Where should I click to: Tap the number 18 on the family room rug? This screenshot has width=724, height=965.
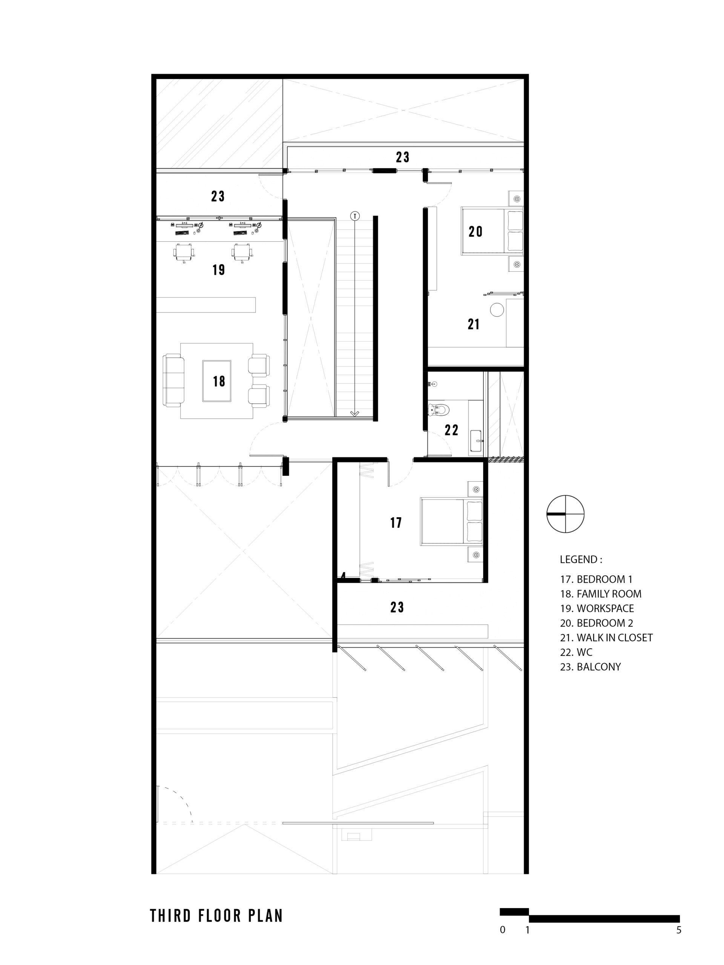219,381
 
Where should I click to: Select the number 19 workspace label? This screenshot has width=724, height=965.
219,270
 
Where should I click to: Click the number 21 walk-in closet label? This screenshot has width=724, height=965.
474,324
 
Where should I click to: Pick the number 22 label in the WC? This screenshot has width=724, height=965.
451,430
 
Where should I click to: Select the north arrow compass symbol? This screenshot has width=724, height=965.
565,514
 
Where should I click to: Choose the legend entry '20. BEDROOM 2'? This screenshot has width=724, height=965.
596,623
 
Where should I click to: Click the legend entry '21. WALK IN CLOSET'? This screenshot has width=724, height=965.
606,637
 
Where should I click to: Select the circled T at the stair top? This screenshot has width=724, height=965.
355,216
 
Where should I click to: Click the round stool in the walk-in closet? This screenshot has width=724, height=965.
497,310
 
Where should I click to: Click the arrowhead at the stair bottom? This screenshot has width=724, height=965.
355,413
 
